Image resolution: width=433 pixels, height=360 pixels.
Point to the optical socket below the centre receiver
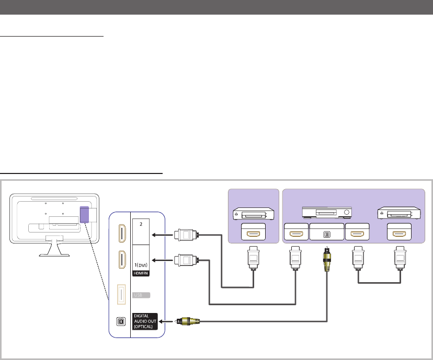[x=327, y=232]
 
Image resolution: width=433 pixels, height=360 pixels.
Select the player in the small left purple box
[x=254, y=214]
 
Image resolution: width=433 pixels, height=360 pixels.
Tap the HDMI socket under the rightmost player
[x=400, y=232]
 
